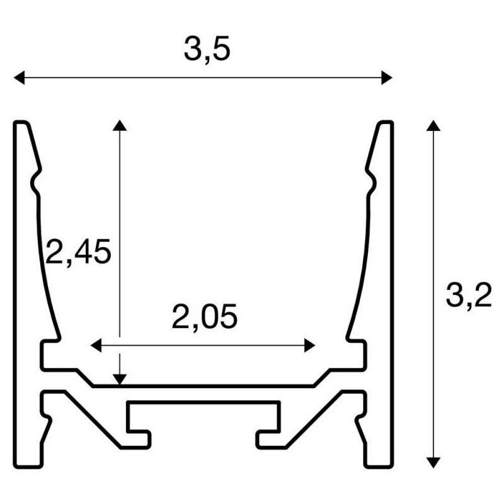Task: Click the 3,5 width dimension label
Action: pos(207,49)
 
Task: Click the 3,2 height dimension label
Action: pos(469,295)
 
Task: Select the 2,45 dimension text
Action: pos(78,252)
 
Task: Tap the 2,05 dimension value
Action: pos(204,317)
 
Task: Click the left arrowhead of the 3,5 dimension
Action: pos(19,77)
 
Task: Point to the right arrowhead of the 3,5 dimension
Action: pos(387,77)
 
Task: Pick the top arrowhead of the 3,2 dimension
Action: pos(433,125)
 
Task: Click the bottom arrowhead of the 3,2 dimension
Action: pos(433,463)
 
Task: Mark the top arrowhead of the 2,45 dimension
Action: pos(120,125)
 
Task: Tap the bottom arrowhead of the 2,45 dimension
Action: pos(120,380)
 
